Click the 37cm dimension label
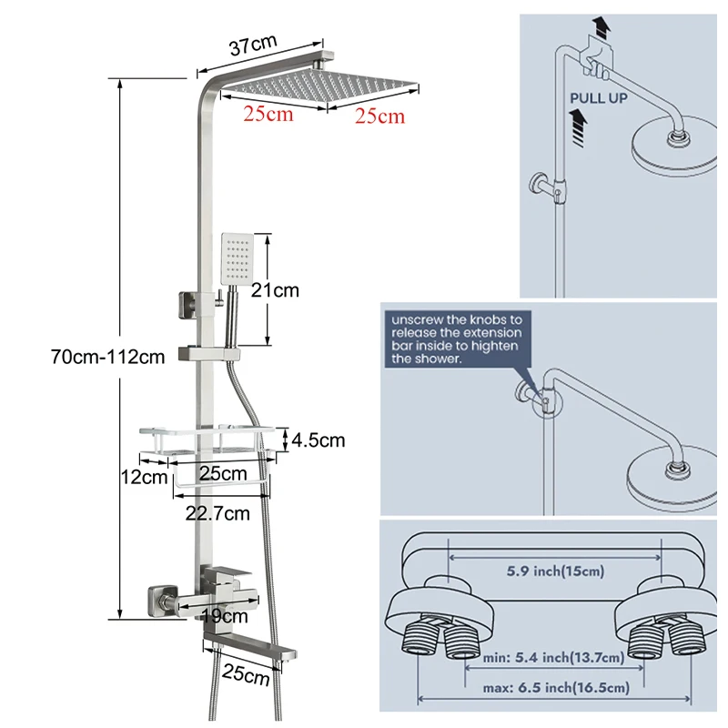coord(253,45)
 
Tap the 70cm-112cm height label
coord(107,357)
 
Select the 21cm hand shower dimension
coord(275,290)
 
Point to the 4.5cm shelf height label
coord(318,440)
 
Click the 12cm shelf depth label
coord(144,477)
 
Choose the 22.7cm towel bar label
coord(217,513)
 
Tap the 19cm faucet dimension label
coord(225,616)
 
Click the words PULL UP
coord(599,98)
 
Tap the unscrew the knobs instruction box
coord(458,339)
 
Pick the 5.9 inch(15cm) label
coord(555,571)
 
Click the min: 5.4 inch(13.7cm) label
coord(553,657)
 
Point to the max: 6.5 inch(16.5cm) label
coord(556,688)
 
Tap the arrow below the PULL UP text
coord(579,127)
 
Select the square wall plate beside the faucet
coord(162,602)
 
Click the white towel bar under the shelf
coord(221,483)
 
